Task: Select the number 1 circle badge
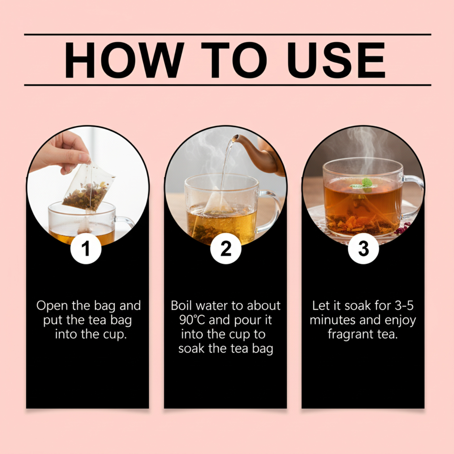[86, 249]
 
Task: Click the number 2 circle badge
[226, 249]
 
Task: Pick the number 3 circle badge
[363, 249]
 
